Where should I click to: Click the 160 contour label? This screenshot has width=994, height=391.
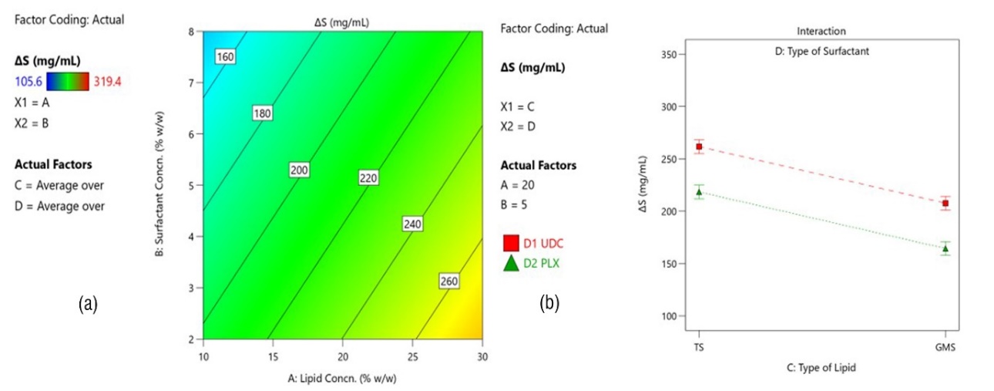[x=226, y=56]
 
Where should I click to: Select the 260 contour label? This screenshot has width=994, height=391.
[x=449, y=281]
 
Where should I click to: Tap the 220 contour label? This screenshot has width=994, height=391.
[x=368, y=178]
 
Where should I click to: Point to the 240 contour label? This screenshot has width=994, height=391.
[x=413, y=224]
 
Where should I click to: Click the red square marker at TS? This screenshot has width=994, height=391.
[x=699, y=147]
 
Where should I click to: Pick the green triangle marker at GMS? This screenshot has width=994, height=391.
[x=945, y=248]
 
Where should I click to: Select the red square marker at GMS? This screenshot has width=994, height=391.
[x=945, y=204]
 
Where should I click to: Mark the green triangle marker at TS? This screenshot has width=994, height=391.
[x=699, y=192]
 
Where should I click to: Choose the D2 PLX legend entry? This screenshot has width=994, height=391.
[x=533, y=264]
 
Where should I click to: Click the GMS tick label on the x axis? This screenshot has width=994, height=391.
[x=945, y=347]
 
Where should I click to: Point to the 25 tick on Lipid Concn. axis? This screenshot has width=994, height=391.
[x=412, y=356]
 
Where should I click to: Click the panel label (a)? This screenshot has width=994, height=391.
[x=89, y=305]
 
